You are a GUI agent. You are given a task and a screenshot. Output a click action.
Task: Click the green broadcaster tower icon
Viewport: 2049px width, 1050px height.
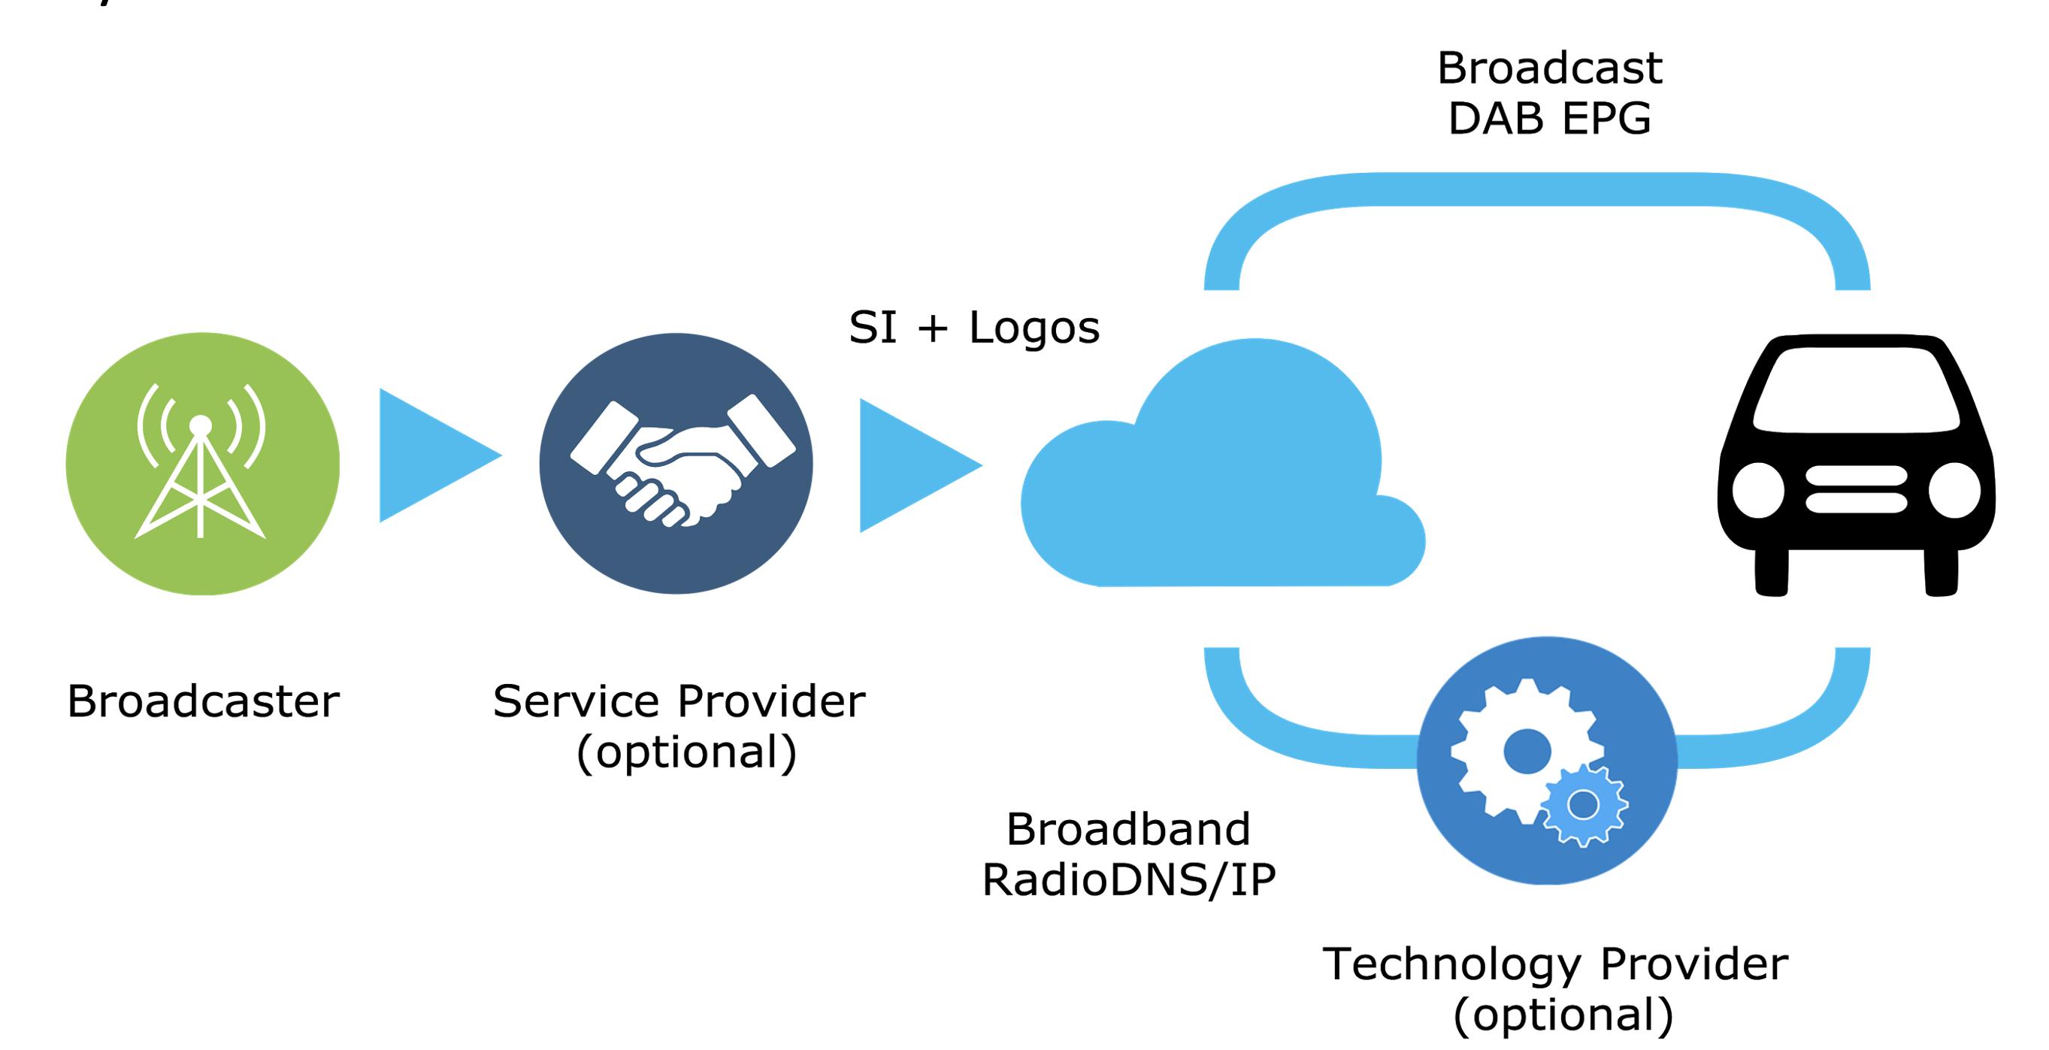[202, 464]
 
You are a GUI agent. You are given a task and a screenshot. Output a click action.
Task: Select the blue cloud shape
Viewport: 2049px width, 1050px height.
[1222, 463]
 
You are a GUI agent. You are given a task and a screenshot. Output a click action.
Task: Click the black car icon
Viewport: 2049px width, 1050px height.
[1856, 464]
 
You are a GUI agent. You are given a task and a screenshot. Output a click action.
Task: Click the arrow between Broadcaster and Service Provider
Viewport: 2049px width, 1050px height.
[440, 455]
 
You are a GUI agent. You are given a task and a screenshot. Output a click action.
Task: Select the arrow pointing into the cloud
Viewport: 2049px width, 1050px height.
[921, 465]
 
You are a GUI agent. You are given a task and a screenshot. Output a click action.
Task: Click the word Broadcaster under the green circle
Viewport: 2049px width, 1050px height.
[204, 701]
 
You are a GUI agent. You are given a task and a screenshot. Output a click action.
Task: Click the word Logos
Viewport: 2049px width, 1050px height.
[1034, 328]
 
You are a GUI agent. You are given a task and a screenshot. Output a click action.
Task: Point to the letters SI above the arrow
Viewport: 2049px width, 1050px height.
[873, 327]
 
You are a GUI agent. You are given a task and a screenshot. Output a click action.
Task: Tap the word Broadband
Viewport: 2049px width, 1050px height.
[1129, 829]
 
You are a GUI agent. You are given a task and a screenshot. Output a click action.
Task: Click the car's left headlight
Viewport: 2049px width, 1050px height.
[1758, 490]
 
